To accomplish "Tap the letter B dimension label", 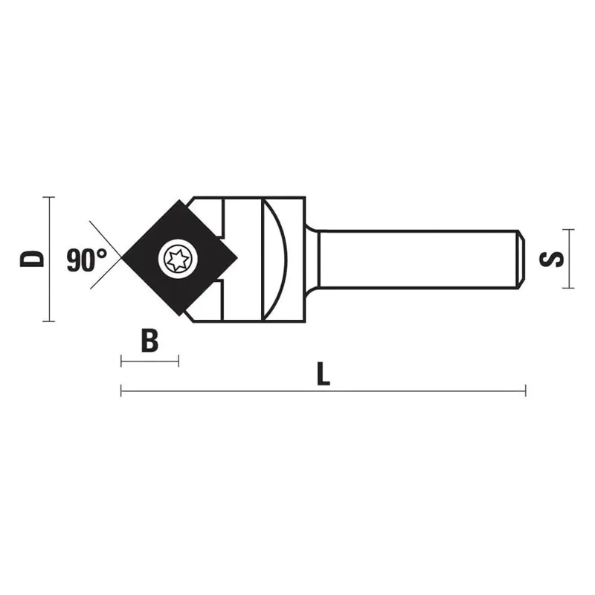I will pyautogui.click(x=149, y=341).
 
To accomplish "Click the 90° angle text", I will pyautogui.click(x=86, y=260).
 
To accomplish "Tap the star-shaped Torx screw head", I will pyautogui.click(x=179, y=259).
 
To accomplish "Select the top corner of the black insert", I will pyautogui.click(x=179, y=200).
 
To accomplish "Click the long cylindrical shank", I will pyautogui.click(x=416, y=259).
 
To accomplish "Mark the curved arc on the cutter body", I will pyautogui.click(x=276, y=259).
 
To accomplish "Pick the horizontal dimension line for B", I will pyautogui.click(x=149, y=361).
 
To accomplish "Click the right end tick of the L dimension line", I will pyautogui.click(x=525, y=390).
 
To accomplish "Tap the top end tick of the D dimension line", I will pyautogui.click(x=49, y=197).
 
